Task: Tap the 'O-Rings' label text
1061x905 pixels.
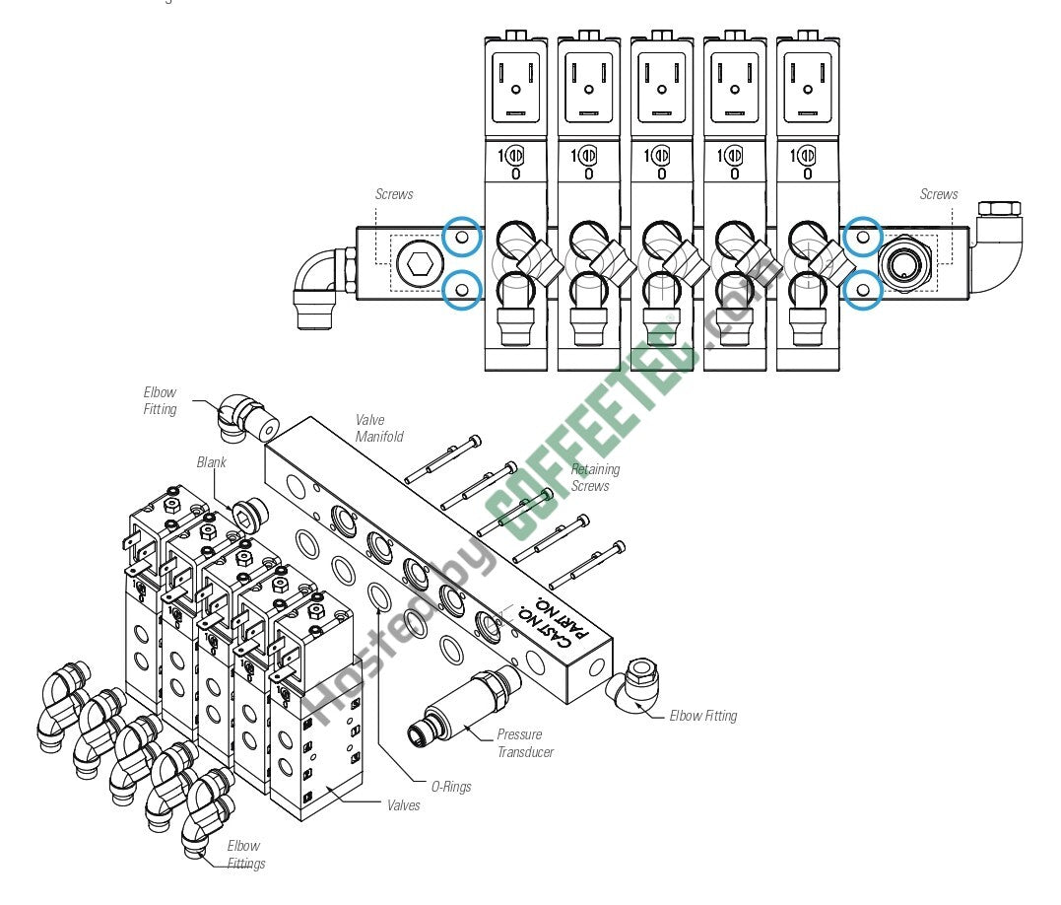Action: point(450,786)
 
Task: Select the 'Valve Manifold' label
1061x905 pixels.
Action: point(379,428)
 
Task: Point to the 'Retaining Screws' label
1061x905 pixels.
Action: point(595,477)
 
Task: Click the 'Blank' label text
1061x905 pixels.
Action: point(211,461)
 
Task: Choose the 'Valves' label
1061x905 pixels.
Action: point(403,805)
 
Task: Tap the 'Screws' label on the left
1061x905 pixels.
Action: point(393,194)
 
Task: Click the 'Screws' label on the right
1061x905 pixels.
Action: point(938,194)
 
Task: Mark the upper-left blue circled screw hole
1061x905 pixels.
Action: point(462,237)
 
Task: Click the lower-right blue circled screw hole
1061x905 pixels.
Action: point(864,290)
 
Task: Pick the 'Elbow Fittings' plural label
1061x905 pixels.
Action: point(244,854)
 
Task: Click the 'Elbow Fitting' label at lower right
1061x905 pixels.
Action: point(702,716)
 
